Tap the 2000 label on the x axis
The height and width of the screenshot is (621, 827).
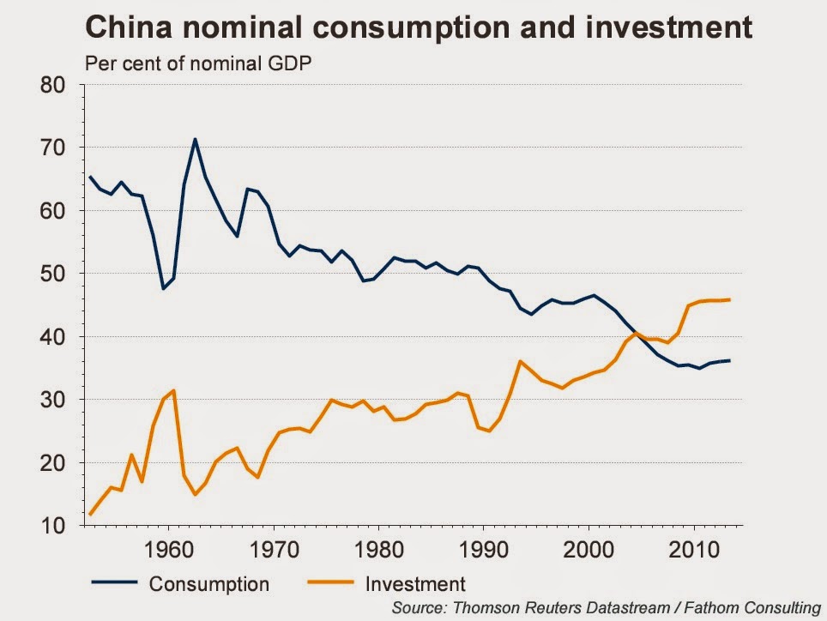tap(589, 547)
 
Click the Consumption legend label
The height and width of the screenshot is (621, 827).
tap(209, 584)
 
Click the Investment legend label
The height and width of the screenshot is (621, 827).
tap(415, 584)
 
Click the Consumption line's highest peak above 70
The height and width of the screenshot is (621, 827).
tap(195, 139)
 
